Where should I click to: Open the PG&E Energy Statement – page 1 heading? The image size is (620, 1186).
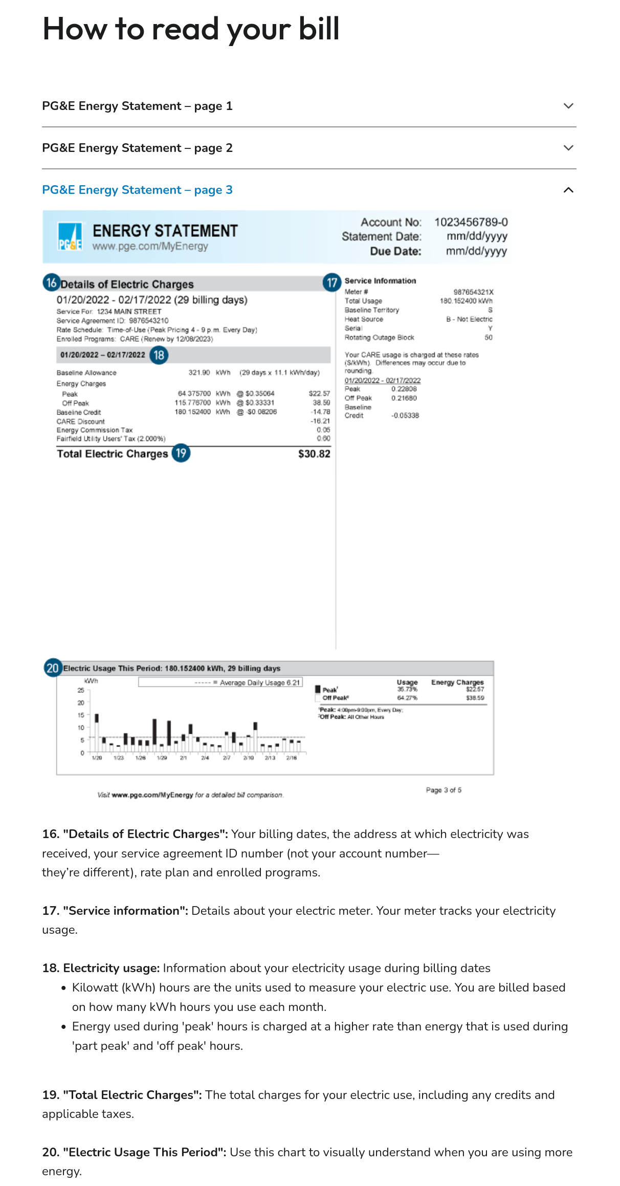point(137,106)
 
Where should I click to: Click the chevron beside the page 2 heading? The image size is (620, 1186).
point(568,148)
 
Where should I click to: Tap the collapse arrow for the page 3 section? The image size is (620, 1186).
point(568,190)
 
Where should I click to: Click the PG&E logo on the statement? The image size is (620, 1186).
point(70,236)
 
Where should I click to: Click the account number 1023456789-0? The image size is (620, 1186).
point(471,222)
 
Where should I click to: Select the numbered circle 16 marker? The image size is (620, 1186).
point(52,282)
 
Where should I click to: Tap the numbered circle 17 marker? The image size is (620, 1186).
point(332,282)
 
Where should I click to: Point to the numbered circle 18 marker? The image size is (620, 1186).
point(159,355)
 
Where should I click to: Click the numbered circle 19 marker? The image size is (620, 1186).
point(181,453)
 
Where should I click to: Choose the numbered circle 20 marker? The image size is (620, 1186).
point(53,668)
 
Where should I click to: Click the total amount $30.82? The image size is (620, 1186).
point(314,454)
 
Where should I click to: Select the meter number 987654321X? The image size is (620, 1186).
point(473,292)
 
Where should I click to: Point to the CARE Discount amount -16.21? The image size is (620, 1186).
point(320,421)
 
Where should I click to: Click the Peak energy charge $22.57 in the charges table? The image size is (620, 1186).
point(319,393)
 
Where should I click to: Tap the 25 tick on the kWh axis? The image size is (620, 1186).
point(81,690)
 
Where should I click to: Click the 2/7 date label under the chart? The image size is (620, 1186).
point(227,758)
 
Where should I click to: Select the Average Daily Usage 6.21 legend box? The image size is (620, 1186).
point(220,683)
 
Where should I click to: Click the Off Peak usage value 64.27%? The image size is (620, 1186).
point(407,698)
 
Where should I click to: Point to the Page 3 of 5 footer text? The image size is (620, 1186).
point(444,790)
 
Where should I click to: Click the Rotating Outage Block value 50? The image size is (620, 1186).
point(489,338)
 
